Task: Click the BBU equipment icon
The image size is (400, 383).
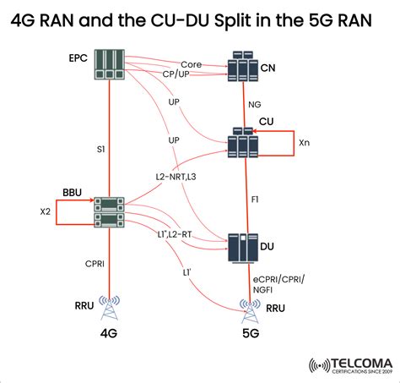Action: pos(110,213)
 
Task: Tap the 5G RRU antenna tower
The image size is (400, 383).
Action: pos(249,310)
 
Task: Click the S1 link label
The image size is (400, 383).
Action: pos(100,149)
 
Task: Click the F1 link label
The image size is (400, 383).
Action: pos(256,200)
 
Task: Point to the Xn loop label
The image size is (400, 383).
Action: pos(304,144)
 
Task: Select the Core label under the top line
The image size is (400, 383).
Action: pos(192,63)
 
